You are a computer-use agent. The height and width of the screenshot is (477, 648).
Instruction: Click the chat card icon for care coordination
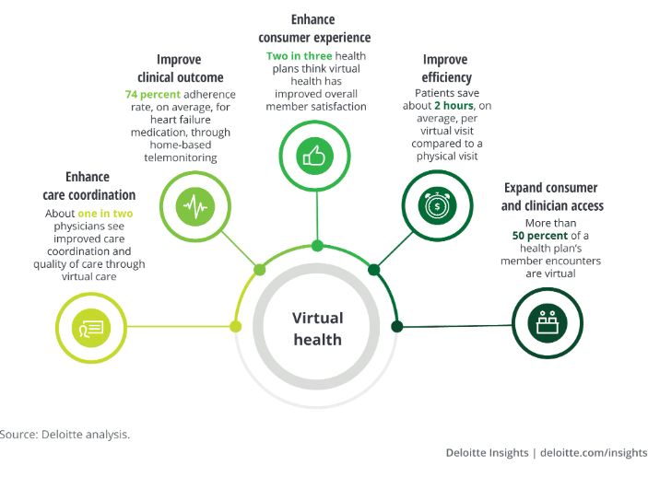(x=90, y=326)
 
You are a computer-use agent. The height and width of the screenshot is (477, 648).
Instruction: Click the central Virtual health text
(x=317, y=329)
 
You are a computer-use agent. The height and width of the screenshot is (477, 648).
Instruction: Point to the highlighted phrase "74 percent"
(x=152, y=95)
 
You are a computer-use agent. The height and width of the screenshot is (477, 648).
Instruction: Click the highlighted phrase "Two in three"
(x=290, y=56)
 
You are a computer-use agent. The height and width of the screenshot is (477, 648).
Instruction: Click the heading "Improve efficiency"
(x=447, y=69)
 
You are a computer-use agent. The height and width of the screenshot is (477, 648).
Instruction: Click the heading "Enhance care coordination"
(x=88, y=185)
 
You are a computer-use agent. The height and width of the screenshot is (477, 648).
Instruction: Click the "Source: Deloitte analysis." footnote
(x=65, y=434)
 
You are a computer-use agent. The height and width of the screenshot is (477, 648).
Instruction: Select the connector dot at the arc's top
(x=317, y=246)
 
